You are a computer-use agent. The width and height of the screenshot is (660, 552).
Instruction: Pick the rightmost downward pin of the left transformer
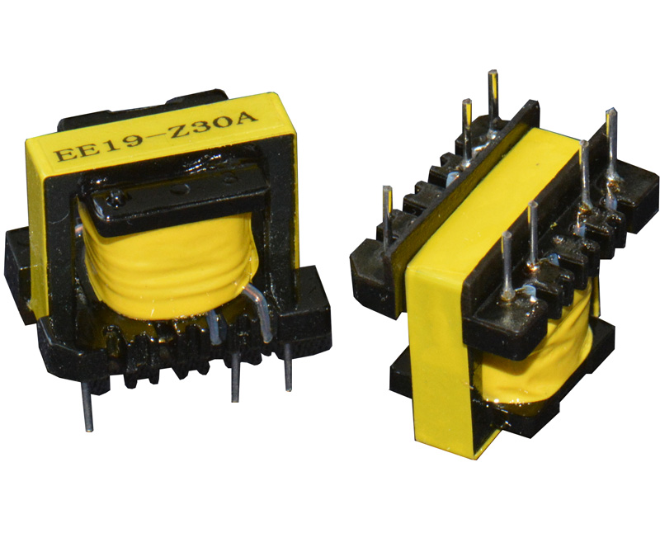(x=288, y=367)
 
